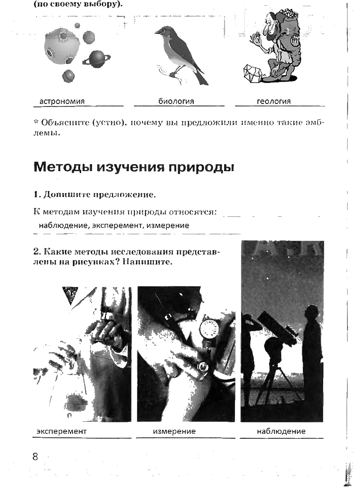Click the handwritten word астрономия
pos(62,101)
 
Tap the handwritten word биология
pos(176,101)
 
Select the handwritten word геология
pos(274,101)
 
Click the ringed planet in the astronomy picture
pos(97,59)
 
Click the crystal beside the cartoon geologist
pos(252,74)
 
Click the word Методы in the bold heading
pos(63,167)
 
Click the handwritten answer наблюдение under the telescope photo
pos(281,431)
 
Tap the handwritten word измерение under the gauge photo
pos(174,431)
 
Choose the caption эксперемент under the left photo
pos(61,431)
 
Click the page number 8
pos(35,456)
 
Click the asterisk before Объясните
pos(36,121)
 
